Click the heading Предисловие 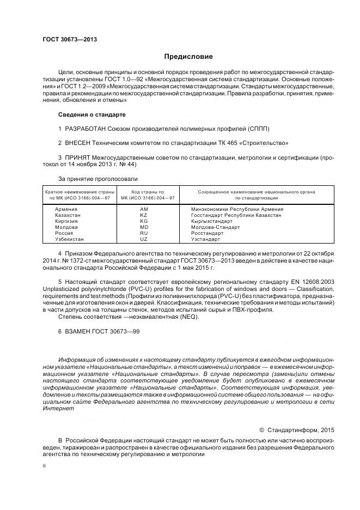coord(188,56)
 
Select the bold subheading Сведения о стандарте coord(91,115)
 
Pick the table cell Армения coord(66,209)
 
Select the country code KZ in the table coord(144,215)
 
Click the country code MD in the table coord(144,227)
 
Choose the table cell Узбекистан coord(69,239)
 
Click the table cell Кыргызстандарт coord(212,221)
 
